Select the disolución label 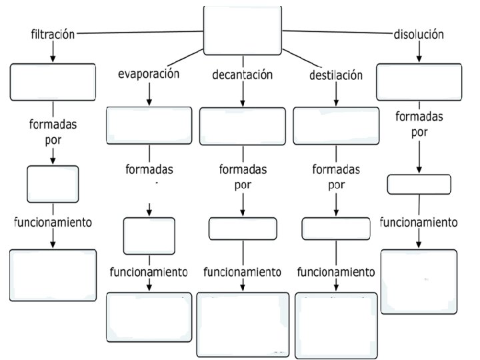pyautogui.click(x=418, y=35)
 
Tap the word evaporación pyautogui.click(x=149, y=74)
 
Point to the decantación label pyautogui.click(x=243, y=75)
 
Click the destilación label pyautogui.click(x=336, y=75)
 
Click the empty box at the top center pyautogui.click(x=242, y=31)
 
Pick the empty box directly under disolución pyautogui.click(x=419, y=81)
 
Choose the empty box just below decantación pyautogui.click(x=242, y=126)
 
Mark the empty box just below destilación pyautogui.click(x=336, y=126)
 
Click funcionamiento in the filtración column pyautogui.click(x=53, y=222)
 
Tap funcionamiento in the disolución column pyautogui.click(x=419, y=222)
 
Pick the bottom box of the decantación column pyautogui.click(x=242, y=323)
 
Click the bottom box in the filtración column pyautogui.click(x=53, y=275)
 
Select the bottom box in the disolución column pyautogui.click(x=419, y=281)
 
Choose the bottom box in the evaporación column pyautogui.click(x=149, y=317)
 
